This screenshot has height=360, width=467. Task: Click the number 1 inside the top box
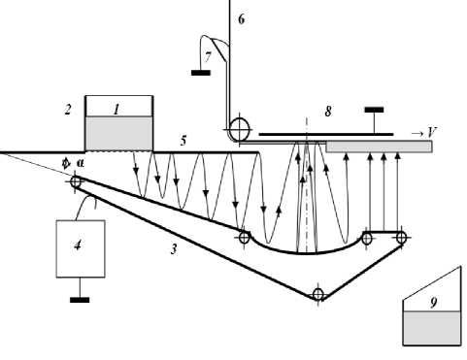click(x=117, y=109)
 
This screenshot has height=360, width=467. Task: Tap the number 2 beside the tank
click(x=68, y=110)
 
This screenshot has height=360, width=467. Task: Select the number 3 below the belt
click(x=174, y=248)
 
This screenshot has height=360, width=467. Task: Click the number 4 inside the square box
click(x=78, y=245)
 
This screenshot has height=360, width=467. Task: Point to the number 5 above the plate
click(x=183, y=141)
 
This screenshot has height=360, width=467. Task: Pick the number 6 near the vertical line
click(x=242, y=19)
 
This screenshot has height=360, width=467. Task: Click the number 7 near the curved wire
click(x=208, y=57)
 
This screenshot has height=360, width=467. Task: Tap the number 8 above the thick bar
click(x=328, y=112)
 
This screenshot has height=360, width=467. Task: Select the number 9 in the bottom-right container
click(x=434, y=303)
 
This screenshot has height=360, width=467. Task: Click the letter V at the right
click(x=432, y=132)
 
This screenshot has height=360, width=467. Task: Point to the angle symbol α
click(x=80, y=163)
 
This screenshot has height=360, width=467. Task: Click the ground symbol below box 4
click(x=80, y=300)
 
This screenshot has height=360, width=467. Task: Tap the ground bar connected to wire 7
click(x=201, y=73)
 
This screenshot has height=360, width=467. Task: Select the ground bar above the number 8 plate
click(x=374, y=110)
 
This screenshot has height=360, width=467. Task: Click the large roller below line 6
click(x=240, y=129)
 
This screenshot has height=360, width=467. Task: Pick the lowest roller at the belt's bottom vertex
click(x=317, y=295)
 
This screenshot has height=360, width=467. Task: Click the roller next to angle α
click(x=76, y=181)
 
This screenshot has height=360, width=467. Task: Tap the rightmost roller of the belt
click(x=401, y=238)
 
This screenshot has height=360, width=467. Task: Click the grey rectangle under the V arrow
click(x=379, y=147)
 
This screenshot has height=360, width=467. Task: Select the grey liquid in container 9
click(x=432, y=328)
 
